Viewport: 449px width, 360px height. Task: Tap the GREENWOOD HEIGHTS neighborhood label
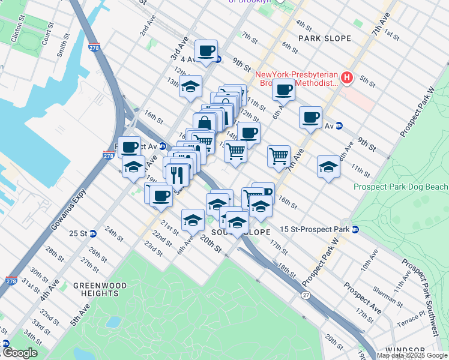click(97, 289)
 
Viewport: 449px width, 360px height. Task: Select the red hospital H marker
click(346, 77)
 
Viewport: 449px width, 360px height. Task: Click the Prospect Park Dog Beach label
click(400, 187)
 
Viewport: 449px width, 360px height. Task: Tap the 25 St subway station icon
click(93, 233)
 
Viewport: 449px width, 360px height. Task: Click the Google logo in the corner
click(19, 353)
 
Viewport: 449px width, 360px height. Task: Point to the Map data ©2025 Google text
click(412, 355)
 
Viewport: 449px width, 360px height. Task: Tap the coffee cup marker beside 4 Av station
click(206, 50)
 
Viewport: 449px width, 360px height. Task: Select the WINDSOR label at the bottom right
click(405, 350)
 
